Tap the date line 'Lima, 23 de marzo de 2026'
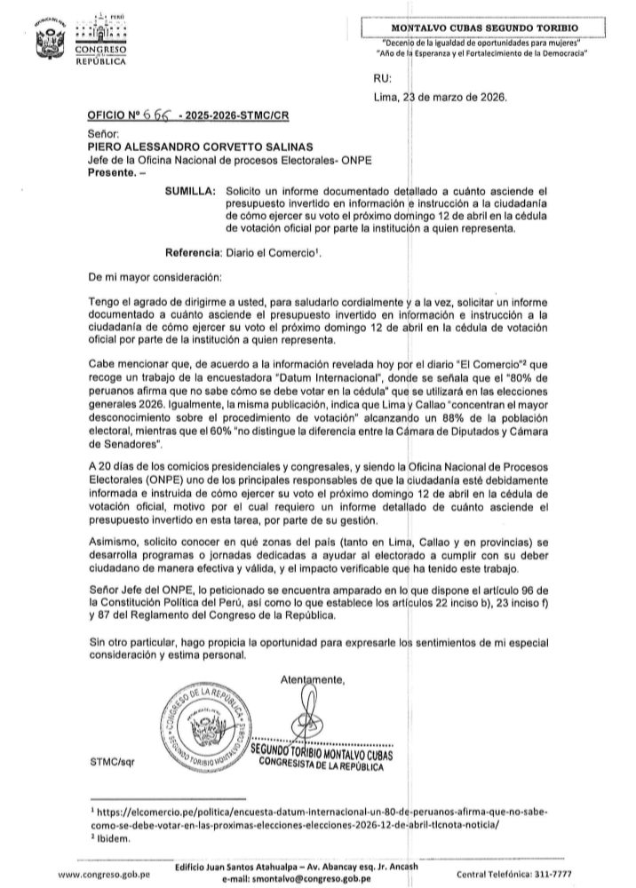(441, 98)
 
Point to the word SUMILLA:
(191, 191)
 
